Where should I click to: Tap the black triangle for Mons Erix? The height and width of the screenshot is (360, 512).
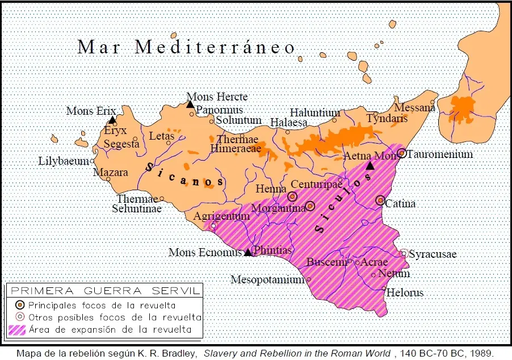[112, 120]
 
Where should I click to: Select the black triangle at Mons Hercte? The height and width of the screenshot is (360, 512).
[191, 104]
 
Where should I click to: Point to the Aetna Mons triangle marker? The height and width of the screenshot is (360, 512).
[370, 166]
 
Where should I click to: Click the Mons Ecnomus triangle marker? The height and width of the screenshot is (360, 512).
[247, 253]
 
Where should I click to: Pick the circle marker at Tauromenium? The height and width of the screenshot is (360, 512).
[401, 153]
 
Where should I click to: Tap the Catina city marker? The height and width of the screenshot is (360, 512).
[380, 200]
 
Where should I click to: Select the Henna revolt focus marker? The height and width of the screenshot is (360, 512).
[292, 196]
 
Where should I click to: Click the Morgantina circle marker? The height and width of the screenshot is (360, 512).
[310, 206]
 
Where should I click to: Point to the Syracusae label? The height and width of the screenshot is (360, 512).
[433, 254]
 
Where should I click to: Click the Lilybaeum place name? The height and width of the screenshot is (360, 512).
[64, 161]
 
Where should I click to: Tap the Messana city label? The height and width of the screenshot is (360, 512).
[414, 107]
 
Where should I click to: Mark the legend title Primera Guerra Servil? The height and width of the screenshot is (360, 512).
[105, 291]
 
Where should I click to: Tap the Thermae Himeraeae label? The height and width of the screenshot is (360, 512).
[237, 144]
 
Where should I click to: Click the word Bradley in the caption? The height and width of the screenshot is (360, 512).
[174, 353]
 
